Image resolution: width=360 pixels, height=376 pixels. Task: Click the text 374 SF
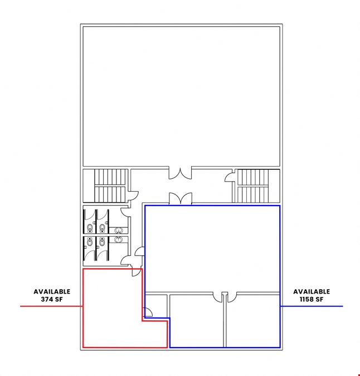click(52, 299)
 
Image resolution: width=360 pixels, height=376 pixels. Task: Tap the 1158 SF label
click(312, 299)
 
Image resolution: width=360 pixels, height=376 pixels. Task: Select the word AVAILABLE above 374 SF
click(52, 291)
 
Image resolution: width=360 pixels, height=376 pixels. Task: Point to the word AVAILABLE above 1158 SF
click(312, 291)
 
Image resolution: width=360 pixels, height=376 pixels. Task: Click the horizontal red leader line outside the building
click(51, 306)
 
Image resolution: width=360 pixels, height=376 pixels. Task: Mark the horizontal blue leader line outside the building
click(312, 306)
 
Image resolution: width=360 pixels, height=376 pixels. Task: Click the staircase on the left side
click(110, 186)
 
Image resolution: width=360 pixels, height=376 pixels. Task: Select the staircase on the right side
click(252, 186)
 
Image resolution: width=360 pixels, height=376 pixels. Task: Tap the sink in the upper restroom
click(119, 231)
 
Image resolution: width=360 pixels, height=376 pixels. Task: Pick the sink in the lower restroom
click(118, 239)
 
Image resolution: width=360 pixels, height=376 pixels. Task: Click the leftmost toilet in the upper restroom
click(90, 228)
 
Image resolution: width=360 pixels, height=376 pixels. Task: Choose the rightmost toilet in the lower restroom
click(102, 242)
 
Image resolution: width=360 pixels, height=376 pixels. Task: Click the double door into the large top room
click(181, 173)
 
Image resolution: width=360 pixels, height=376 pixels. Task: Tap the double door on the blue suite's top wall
click(181, 198)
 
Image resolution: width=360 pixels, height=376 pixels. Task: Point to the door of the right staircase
click(230, 177)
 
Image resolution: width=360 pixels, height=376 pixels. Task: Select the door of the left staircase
click(133, 196)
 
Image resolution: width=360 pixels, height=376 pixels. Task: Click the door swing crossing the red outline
click(137, 272)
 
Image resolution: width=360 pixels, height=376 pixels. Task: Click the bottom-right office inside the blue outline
click(253, 321)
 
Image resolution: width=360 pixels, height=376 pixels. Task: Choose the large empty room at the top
click(181, 96)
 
